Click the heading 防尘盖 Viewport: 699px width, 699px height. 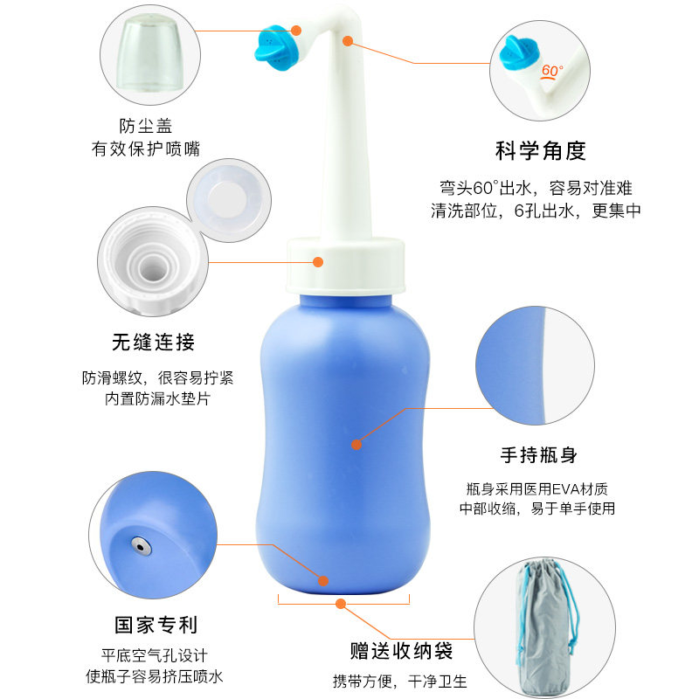coord(145,126)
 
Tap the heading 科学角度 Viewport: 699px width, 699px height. coord(540,150)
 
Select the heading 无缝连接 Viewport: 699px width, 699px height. coord(154,343)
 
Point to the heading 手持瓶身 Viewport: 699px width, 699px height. coord(538,455)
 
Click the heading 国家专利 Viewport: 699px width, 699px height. coord(156,625)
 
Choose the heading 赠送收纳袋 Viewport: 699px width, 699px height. coord(401,651)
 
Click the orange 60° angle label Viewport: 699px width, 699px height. coord(552,72)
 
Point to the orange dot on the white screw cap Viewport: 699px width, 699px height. coord(318,261)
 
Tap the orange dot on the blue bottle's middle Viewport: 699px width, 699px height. coord(356,445)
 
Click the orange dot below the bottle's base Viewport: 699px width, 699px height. coord(341,604)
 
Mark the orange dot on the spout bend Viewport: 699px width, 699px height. coord(348,41)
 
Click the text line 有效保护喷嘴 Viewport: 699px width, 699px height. coord(146,149)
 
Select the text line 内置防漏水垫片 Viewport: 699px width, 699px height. coord(157,398)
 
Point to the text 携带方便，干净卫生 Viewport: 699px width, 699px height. coord(400,682)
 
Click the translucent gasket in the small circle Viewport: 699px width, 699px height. coord(229,201)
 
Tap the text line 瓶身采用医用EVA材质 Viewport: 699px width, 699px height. coord(537,489)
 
